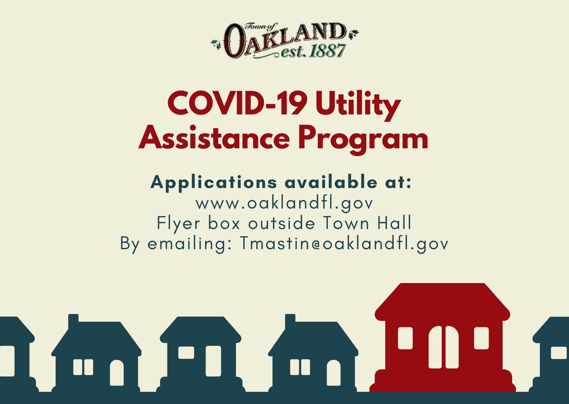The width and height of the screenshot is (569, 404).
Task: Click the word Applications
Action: pos(214,182)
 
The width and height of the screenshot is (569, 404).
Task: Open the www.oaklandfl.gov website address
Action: pos(284,203)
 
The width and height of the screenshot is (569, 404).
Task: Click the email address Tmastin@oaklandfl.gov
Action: pos(344,243)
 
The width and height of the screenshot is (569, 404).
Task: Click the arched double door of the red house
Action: pos(443,347)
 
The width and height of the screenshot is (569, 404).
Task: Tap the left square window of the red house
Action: pos(405,338)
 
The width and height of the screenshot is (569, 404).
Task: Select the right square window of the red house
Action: pos(481,338)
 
